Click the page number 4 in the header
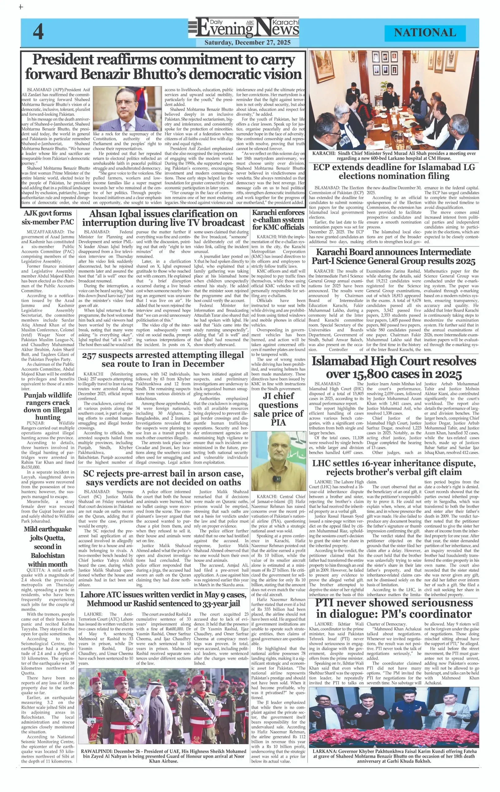tap(38, 32)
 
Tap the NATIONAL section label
tap(425, 32)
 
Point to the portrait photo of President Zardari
tap(127, 109)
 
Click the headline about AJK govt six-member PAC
tap(48, 217)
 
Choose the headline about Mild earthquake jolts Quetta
tap(48, 546)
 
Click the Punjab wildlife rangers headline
tap(48, 406)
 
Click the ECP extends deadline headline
tap(394, 171)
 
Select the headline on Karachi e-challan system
tap(278, 220)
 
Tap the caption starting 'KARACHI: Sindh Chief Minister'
tap(394, 156)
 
